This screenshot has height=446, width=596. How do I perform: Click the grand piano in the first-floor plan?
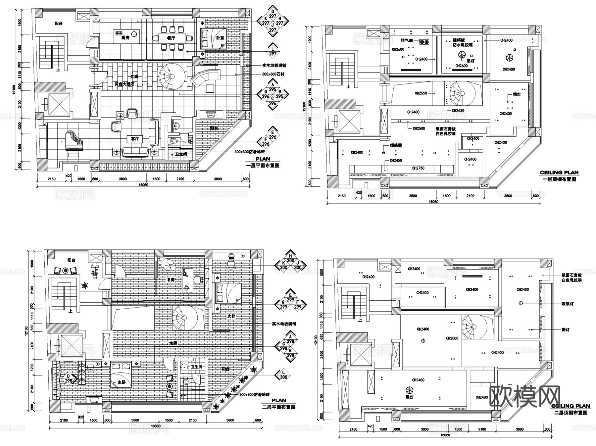click(74, 140)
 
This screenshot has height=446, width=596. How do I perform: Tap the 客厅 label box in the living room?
click(135, 139)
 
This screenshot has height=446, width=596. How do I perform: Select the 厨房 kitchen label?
click(125, 38)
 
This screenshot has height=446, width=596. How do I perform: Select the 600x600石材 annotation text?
click(273, 74)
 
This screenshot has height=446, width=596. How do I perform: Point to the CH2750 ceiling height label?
click(418, 168)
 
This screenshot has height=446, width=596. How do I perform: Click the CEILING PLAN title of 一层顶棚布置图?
click(559, 173)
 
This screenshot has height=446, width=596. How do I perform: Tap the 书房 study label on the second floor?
click(171, 279)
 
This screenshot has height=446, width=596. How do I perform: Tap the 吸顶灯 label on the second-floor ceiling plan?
click(568, 303)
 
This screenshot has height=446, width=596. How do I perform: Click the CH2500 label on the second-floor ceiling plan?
click(452, 338)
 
